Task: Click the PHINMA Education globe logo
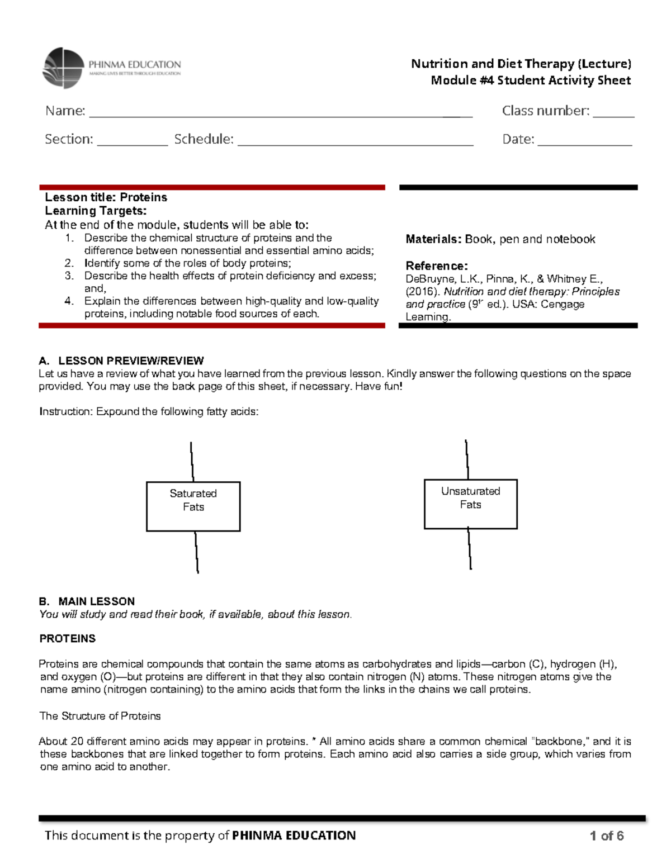coord(63,68)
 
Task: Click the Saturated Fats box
coord(193,506)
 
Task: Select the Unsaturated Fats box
coord(470,504)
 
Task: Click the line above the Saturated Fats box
coord(192,462)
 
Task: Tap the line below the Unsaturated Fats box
coord(470,549)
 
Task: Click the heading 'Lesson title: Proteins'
coord(106,197)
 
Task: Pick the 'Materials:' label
coord(433,239)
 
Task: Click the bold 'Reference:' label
coord(436,266)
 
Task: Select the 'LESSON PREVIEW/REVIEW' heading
coord(131,361)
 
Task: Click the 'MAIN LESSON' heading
coord(96,601)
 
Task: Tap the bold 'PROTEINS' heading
coord(67,638)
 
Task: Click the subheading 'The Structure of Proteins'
coord(100,716)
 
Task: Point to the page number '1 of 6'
coord(606,836)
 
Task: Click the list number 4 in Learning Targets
coord(69,301)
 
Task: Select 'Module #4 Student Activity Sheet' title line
coord(530,80)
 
